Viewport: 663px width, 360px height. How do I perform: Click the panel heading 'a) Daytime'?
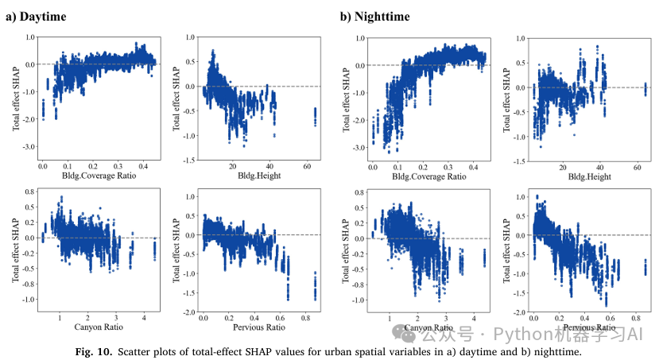tap(35, 16)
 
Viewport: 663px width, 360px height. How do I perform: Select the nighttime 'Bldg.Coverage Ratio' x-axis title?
tap(430, 176)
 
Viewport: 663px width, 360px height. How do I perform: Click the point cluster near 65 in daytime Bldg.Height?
tap(314, 116)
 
